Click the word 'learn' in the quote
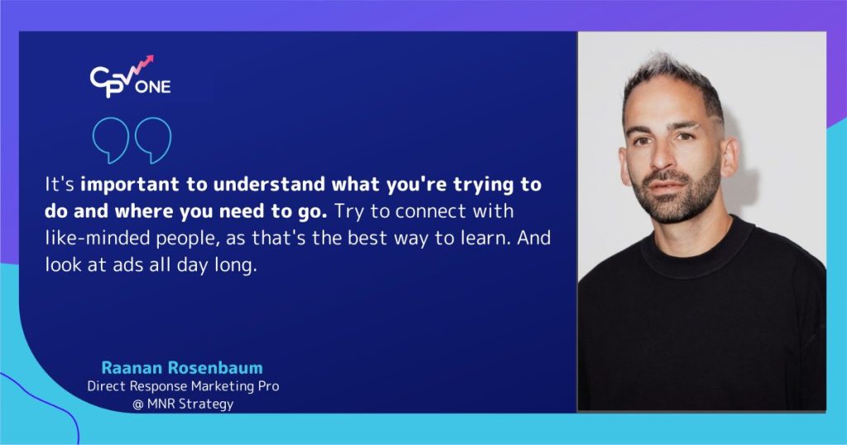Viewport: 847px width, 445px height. coord(500,239)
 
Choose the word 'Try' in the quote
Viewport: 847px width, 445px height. coord(348,212)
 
